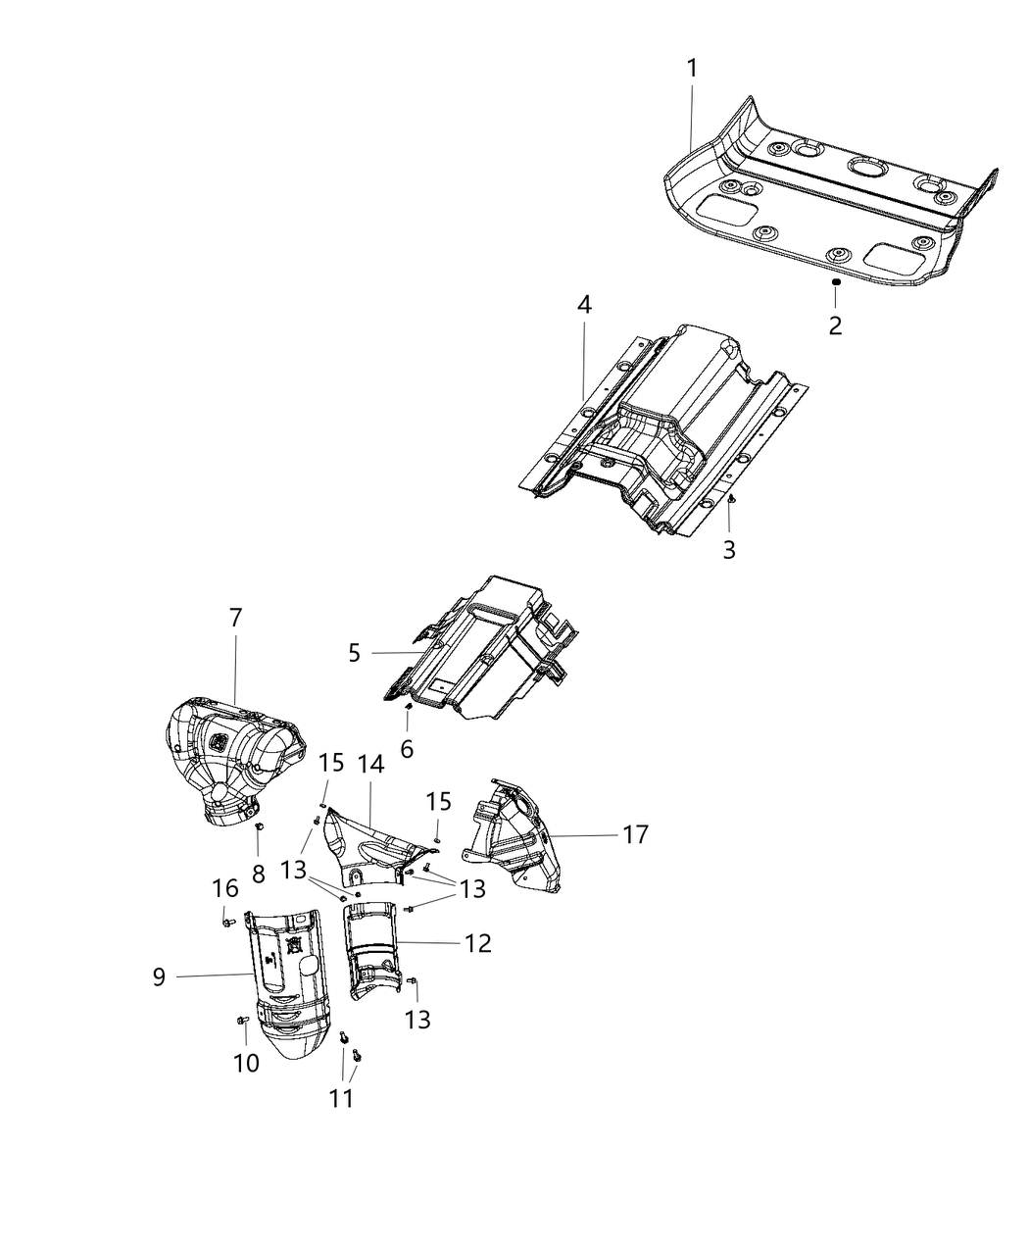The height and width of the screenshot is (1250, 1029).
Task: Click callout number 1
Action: tap(692, 69)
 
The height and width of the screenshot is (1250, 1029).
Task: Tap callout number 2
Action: tap(835, 325)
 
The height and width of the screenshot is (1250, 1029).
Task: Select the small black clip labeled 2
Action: tap(835, 282)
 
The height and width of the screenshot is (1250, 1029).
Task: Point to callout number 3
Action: tap(729, 550)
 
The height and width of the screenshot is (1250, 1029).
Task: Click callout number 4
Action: tap(584, 304)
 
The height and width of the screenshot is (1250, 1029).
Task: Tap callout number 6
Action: tap(407, 749)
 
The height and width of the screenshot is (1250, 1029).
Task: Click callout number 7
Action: tap(235, 618)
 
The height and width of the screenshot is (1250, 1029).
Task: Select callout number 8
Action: tap(258, 873)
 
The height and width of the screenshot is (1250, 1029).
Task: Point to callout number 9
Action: tap(159, 976)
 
